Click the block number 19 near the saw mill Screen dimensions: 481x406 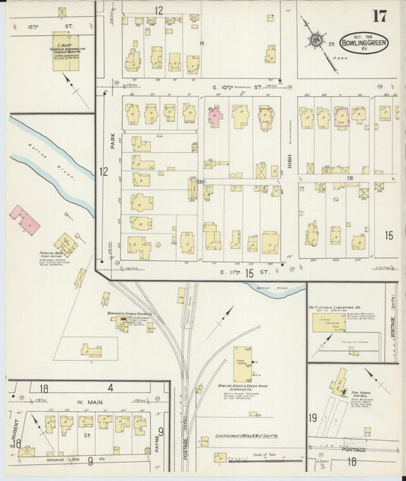[313, 418]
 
